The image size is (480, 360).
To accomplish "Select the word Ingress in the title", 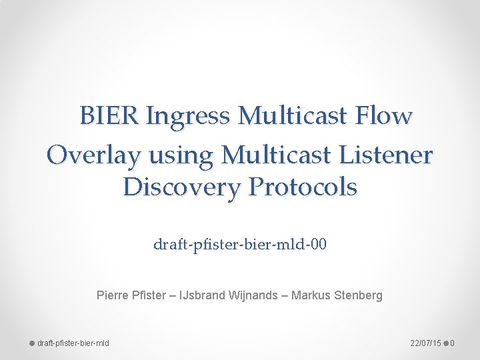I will click(187, 117).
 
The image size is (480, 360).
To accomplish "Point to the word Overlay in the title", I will click(94, 155).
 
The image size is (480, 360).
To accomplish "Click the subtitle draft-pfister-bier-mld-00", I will click(240, 245).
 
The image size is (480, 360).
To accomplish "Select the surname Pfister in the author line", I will click(149, 295).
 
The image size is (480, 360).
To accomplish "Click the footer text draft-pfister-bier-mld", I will click(73, 343).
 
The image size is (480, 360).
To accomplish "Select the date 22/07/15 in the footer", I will click(425, 343).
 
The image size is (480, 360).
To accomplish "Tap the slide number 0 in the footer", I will click(452, 343).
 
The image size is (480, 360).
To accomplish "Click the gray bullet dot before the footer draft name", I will click(31, 343).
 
